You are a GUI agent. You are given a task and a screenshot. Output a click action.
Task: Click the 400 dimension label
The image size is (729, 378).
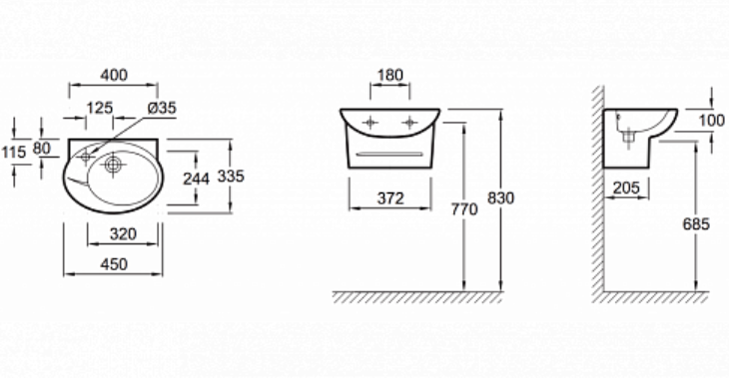tap(114, 75)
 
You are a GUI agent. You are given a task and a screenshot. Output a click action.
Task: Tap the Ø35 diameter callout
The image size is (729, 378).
tap(162, 108)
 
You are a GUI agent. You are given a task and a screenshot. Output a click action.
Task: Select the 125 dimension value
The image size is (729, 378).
tap(100, 108)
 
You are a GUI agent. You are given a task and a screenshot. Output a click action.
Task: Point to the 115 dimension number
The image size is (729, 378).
tap(14, 152)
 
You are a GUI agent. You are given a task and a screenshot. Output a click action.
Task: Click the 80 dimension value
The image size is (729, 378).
tap(41, 149)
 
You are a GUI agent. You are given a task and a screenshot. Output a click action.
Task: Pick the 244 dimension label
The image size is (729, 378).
tap(196, 179)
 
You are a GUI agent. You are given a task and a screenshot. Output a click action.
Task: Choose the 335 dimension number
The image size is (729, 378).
tap(231, 177)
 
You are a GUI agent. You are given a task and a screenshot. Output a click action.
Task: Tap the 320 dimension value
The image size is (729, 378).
tap(123, 234)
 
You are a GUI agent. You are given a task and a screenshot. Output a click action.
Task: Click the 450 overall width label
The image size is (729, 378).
tap(114, 264)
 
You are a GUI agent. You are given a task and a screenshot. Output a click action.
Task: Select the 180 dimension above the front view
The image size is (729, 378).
tap(390, 75)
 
